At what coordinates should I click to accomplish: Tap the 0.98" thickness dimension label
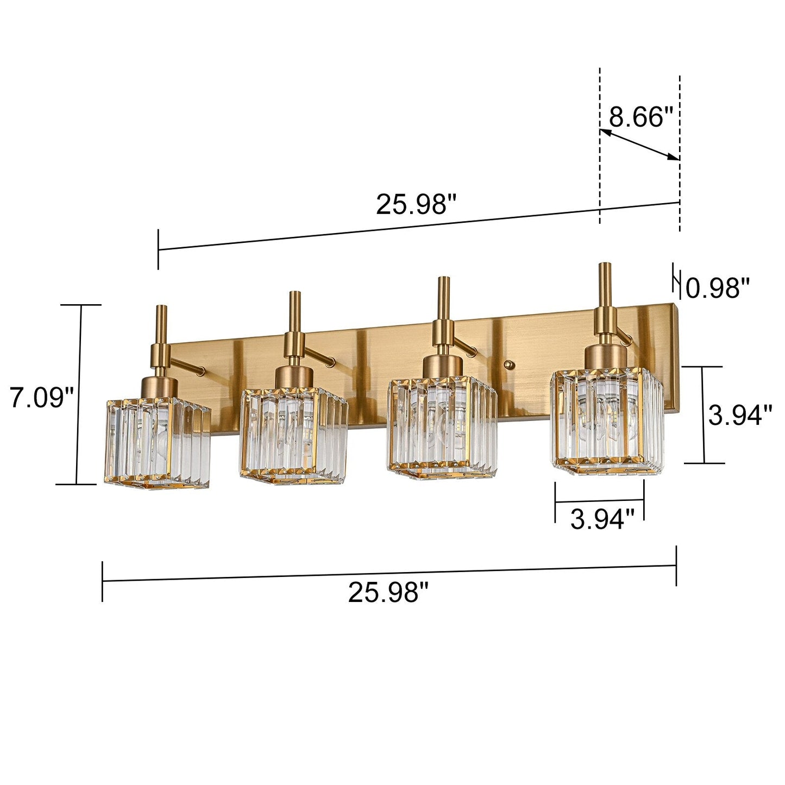click(718, 288)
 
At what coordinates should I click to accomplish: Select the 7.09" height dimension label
click(41, 398)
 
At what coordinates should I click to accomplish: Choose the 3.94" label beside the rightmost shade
click(740, 416)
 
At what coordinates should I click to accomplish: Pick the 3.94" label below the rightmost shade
click(602, 519)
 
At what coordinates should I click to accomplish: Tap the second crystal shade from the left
click(293, 435)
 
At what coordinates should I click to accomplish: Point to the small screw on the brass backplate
click(508, 365)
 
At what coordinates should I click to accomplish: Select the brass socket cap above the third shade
click(442, 365)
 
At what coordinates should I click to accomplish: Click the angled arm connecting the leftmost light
click(187, 365)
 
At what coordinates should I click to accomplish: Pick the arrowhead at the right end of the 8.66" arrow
click(675, 157)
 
